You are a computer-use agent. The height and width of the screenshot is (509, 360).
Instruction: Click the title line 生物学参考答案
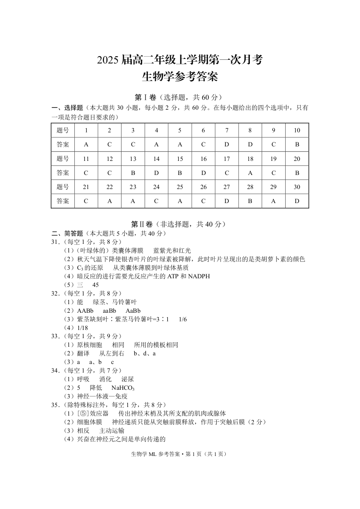[180, 77]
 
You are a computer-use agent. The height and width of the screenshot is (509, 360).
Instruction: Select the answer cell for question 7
[227, 145]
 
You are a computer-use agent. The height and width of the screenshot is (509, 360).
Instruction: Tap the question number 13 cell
[133, 159]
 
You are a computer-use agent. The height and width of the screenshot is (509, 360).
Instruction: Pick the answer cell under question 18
[250, 173]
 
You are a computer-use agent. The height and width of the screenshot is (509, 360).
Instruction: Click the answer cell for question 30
[297, 201]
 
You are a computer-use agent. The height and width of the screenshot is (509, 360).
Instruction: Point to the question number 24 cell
[156, 187]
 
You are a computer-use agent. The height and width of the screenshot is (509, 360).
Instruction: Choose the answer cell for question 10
[297, 145]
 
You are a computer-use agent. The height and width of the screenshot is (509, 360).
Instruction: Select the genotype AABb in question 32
[85, 310]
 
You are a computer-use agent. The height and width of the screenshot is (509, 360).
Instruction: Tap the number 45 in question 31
[95, 285]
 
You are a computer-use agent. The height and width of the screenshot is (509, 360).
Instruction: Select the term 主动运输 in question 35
[112, 431]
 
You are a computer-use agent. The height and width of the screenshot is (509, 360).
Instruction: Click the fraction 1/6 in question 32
[183, 319]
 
